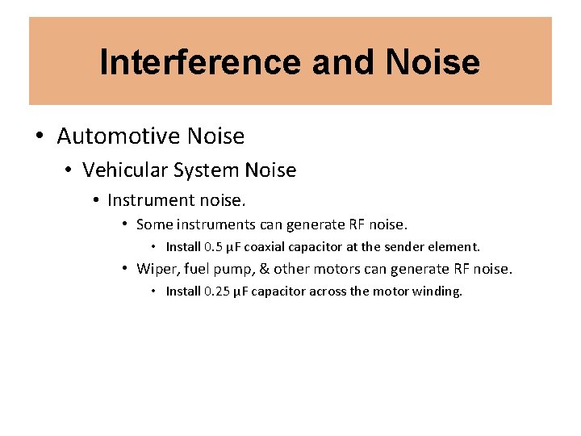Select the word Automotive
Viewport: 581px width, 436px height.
(119, 136)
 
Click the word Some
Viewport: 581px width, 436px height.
(154, 224)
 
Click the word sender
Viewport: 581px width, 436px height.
(406, 247)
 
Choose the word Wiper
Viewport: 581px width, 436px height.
(156, 269)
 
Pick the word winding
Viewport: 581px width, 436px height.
(438, 291)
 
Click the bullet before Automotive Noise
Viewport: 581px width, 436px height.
(40, 136)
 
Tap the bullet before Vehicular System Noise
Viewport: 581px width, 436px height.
(69, 170)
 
